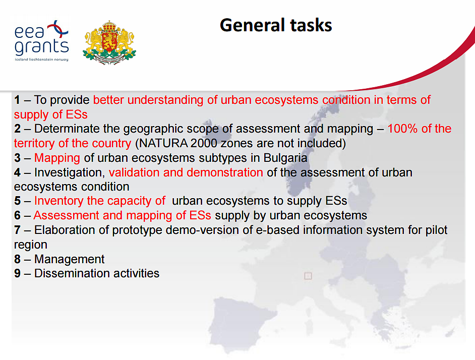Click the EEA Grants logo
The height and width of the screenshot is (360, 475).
click(41, 41)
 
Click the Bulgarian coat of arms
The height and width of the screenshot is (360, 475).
click(109, 42)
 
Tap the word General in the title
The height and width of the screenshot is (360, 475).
click(252, 25)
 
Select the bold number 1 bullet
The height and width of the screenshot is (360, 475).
click(17, 100)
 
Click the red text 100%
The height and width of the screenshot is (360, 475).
click(402, 129)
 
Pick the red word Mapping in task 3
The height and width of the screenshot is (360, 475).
click(57, 158)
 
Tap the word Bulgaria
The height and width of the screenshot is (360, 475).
click(285, 158)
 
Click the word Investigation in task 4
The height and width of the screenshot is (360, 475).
click(70, 172)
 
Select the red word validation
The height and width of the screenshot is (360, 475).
click(134, 172)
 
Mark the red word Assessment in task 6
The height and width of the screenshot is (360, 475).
click(67, 215)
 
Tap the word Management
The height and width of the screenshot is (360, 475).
click(70, 259)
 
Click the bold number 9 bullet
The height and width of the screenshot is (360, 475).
click(17, 274)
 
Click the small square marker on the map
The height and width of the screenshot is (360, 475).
click(308, 276)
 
